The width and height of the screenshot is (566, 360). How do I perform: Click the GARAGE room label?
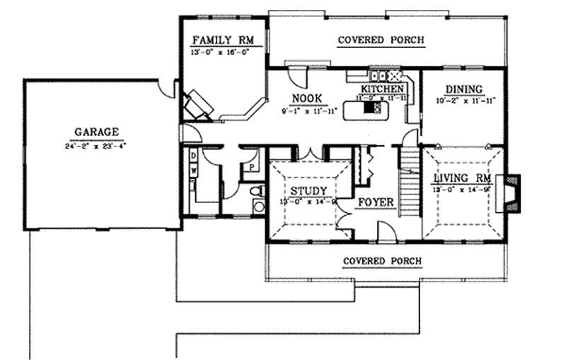97,131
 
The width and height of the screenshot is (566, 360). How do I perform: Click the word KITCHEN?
383,88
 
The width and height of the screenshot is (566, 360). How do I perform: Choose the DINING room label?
464,89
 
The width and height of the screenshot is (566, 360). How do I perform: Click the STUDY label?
308,191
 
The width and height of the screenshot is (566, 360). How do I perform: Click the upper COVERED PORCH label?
381,40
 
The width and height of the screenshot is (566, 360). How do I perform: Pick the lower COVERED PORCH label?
382,261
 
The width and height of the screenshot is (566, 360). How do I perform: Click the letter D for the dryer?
192,155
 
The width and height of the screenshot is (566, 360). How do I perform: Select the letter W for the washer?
192,170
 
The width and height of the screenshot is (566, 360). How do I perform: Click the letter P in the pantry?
251,168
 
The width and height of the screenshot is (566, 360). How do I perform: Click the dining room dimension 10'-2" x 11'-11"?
464,100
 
